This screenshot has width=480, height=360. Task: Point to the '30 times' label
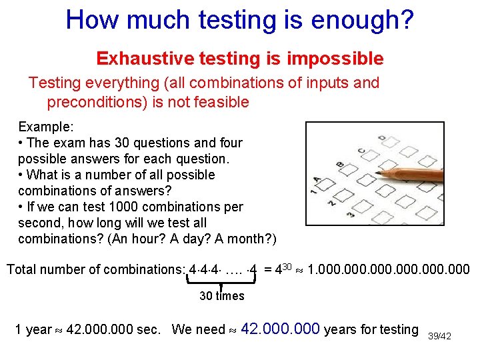point(222,296)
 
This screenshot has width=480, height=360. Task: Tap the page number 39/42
point(439,336)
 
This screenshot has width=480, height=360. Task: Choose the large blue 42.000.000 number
point(281,329)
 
